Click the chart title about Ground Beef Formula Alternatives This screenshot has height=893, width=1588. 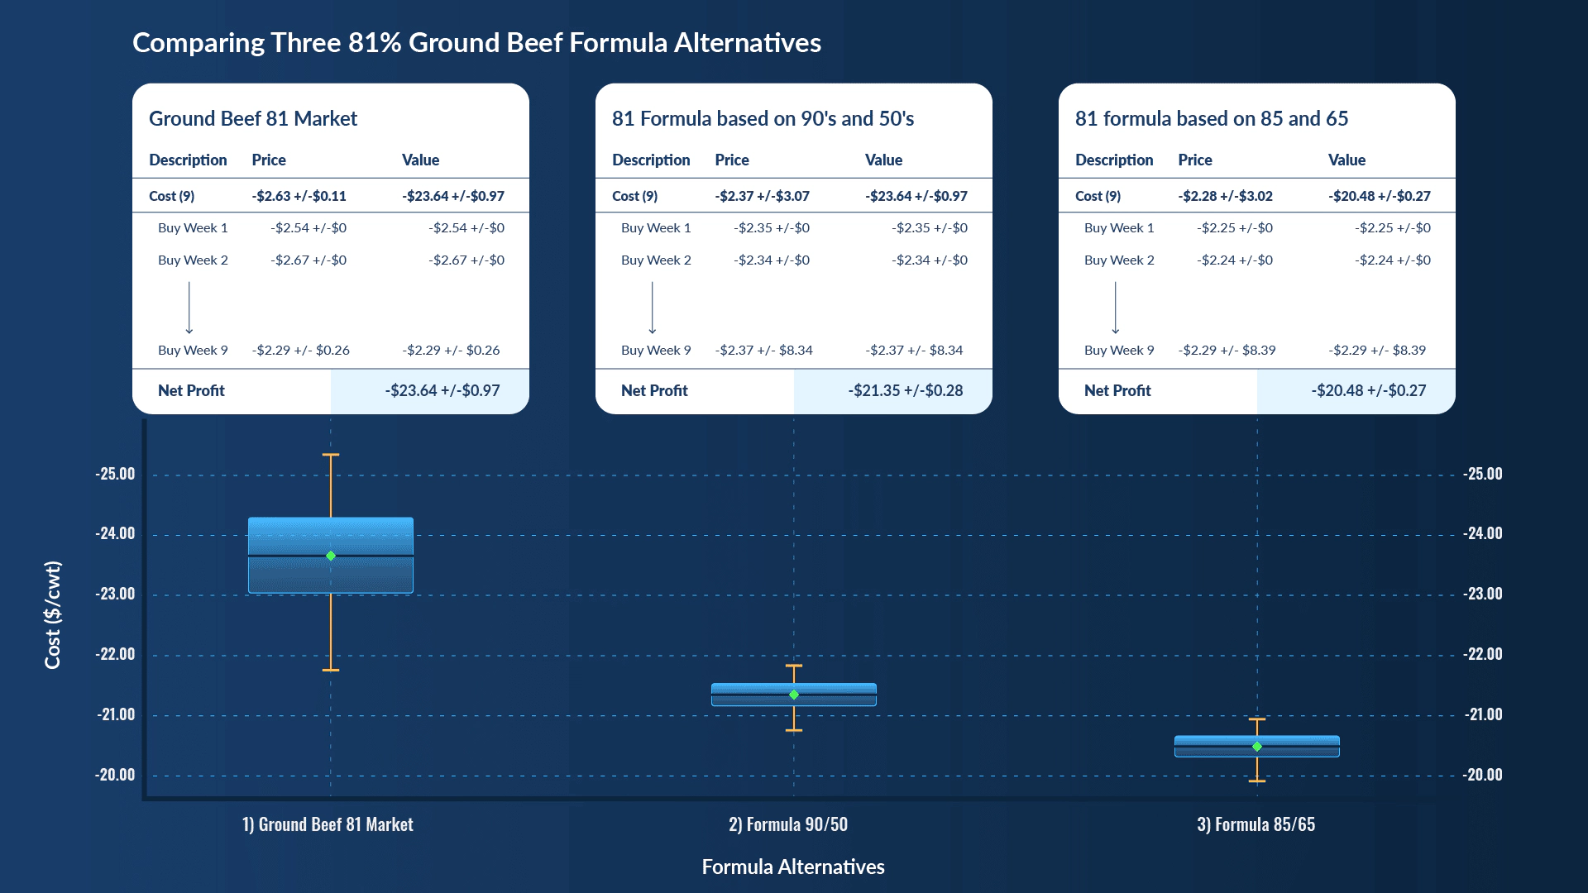point(476,43)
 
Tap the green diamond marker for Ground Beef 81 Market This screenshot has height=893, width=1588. point(331,556)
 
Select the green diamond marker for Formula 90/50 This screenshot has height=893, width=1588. point(794,695)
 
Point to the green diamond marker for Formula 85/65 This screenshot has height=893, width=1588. point(1257,747)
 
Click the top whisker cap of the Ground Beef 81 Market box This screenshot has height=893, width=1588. point(331,455)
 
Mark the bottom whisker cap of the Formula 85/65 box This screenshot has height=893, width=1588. point(1257,781)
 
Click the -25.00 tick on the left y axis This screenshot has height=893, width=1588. point(115,474)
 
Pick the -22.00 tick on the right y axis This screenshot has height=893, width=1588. point(1483,654)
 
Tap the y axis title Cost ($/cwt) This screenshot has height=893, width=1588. point(53,614)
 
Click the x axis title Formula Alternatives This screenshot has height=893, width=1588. point(793,867)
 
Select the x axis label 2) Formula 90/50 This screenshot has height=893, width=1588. point(788,824)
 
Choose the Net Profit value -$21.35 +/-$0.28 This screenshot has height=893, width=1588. point(906,390)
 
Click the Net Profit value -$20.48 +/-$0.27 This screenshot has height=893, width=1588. point(1369,390)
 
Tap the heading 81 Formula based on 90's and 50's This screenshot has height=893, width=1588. point(763,119)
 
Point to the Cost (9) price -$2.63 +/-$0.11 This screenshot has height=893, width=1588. point(299,196)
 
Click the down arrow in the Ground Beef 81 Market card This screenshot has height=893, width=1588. point(189,308)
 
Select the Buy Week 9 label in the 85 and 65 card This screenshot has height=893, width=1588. point(1119,350)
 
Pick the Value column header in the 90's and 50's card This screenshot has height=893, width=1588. point(883,160)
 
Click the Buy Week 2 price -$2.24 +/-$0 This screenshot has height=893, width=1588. point(1235,260)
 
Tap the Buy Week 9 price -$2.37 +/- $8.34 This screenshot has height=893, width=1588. point(764,350)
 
